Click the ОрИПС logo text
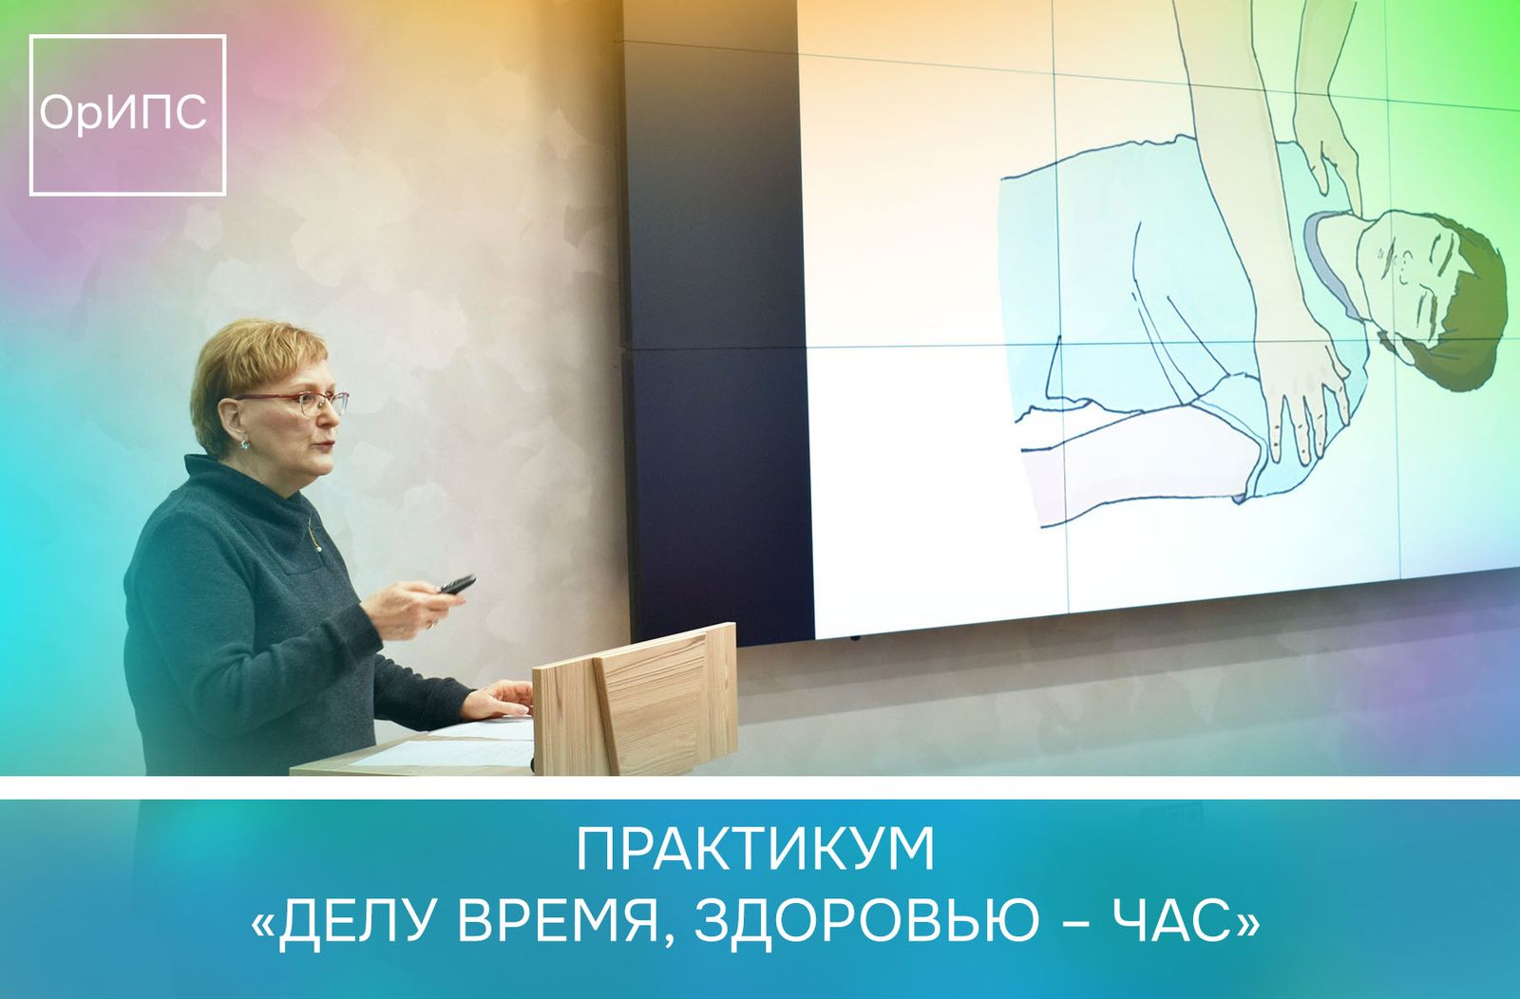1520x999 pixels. (123, 113)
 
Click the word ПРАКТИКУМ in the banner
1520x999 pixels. (755, 851)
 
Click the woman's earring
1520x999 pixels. (244, 444)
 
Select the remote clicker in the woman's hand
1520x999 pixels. (457, 584)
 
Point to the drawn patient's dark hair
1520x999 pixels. (1459, 319)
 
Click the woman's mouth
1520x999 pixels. (326, 445)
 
